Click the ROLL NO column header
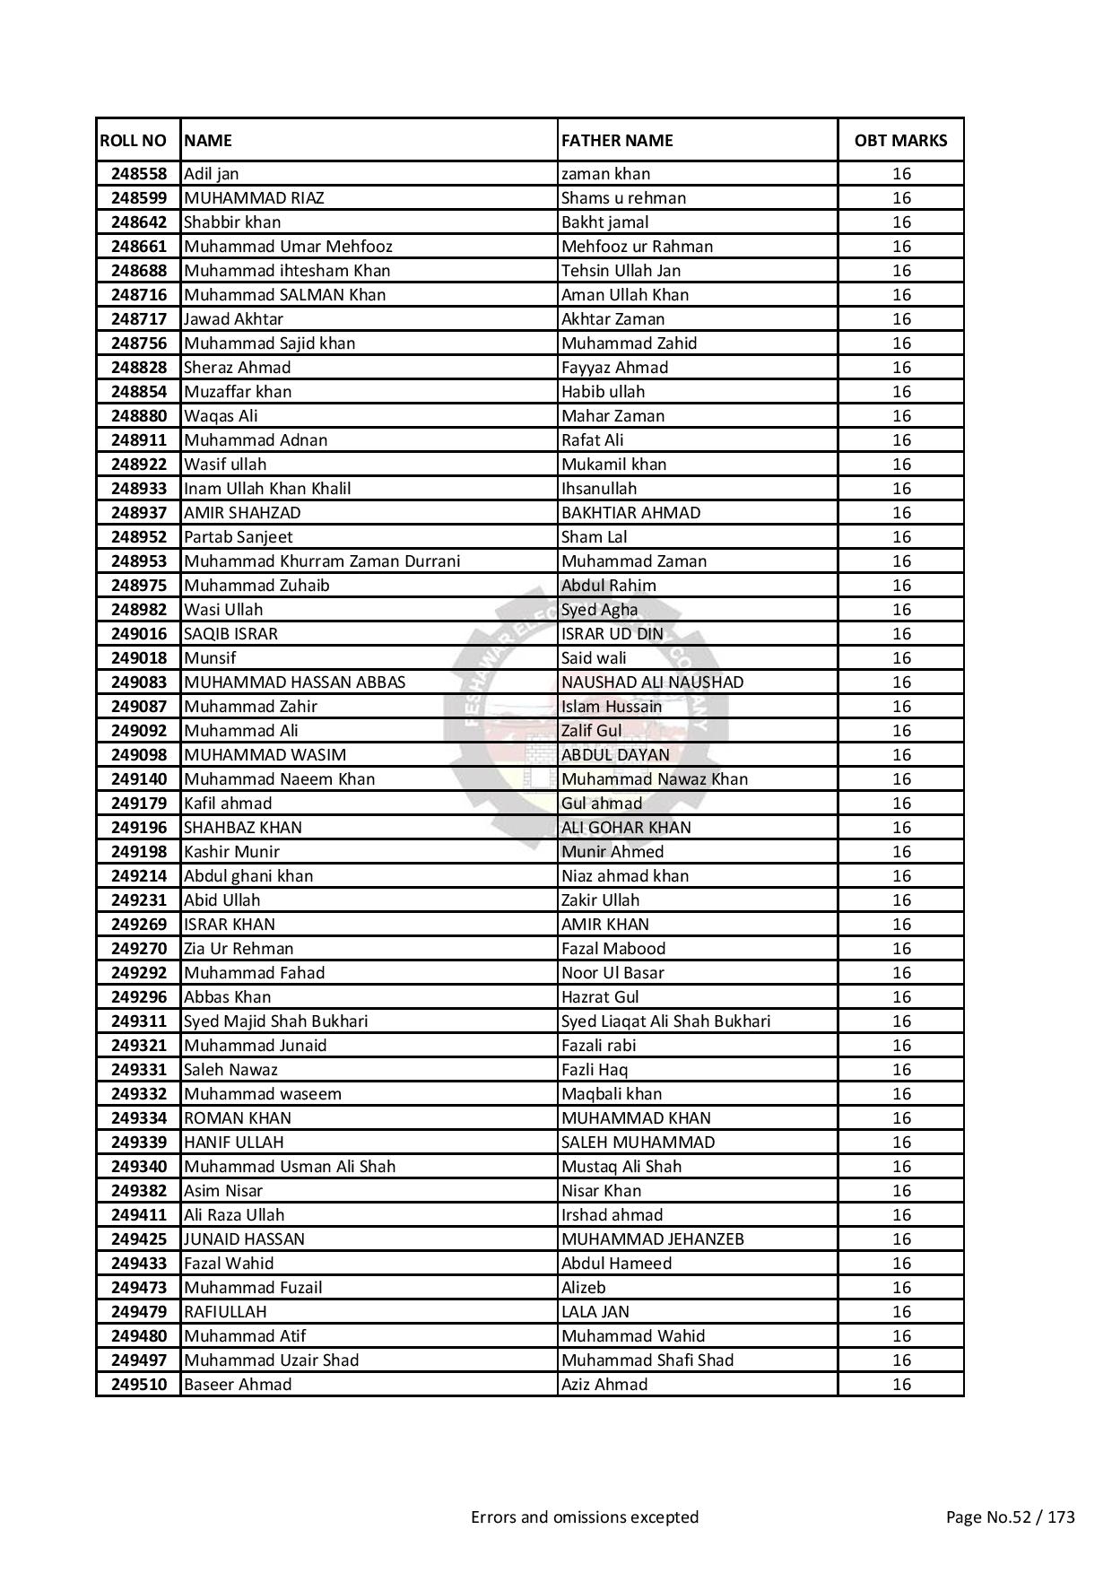click(x=133, y=141)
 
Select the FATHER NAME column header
click(x=617, y=141)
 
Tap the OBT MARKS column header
click(x=900, y=141)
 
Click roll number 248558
click(x=139, y=174)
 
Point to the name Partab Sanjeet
click(x=239, y=537)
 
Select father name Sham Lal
click(x=595, y=537)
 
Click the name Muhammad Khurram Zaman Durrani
click(x=322, y=561)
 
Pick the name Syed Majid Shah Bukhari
click(x=276, y=1021)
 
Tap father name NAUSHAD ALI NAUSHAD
click(x=653, y=682)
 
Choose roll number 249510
click(x=139, y=1385)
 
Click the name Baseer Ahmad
click(x=238, y=1385)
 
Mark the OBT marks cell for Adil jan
click(x=901, y=174)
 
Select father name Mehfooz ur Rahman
click(x=638, y=247)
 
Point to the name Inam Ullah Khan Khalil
click(x=267, y=489)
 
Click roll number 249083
click(x=139, y=682)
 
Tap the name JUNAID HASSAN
click(x=244, y=1239)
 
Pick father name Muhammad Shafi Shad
click(x=647, y=1360)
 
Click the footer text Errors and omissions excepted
click(x=585, y=1517)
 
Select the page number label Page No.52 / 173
click(x=1011, y=1517)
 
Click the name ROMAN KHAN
click(x=238, y=1118)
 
